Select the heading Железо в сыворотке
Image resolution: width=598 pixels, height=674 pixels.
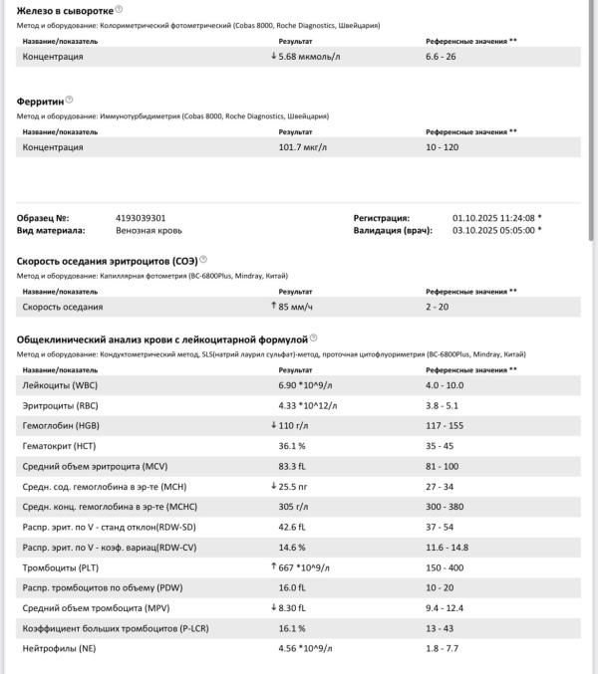point(64,10)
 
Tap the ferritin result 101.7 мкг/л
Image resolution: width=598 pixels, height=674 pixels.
point(304,147)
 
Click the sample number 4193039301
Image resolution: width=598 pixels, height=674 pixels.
point(141,217)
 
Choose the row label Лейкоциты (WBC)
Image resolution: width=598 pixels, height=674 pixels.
point(61,384)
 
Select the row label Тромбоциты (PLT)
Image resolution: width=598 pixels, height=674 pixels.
point(62,566)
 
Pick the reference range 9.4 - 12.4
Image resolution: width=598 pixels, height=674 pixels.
point(447,607)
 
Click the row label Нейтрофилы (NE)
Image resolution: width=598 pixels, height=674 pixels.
point(60,648)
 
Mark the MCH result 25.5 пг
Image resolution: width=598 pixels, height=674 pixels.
point(299,486)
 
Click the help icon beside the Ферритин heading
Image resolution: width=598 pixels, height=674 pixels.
point(69,100)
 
